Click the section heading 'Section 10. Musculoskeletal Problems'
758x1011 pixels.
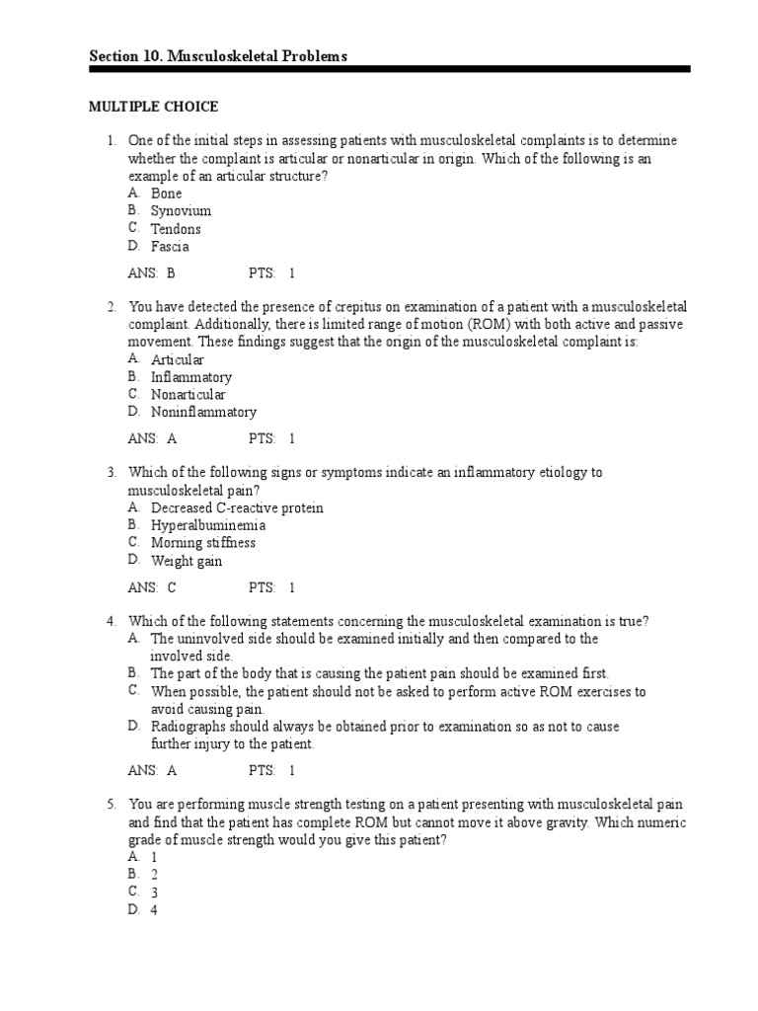[218, 57]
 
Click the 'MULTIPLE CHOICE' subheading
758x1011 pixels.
[154, 107]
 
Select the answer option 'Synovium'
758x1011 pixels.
[181, 211]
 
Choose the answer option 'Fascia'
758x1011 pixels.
[170, 247]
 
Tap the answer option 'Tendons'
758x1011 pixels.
[176, 229]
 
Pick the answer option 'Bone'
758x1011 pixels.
[167, 194]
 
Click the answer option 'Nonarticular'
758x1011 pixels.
[188, 395]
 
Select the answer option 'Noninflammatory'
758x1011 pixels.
[203, 413]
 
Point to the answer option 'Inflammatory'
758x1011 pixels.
[191, 377]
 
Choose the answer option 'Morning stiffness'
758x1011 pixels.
[202, 543]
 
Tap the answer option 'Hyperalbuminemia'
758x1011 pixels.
[208, 525]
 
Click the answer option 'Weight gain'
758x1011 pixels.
[187, 561]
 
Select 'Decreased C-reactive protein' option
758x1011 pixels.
[237, 507]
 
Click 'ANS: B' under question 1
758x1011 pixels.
[151, 273]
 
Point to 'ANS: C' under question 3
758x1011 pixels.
[151, 587]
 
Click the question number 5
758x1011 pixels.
[113, 806]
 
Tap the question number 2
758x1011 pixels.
[113, 307]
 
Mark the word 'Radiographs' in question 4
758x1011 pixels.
[188, 727]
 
